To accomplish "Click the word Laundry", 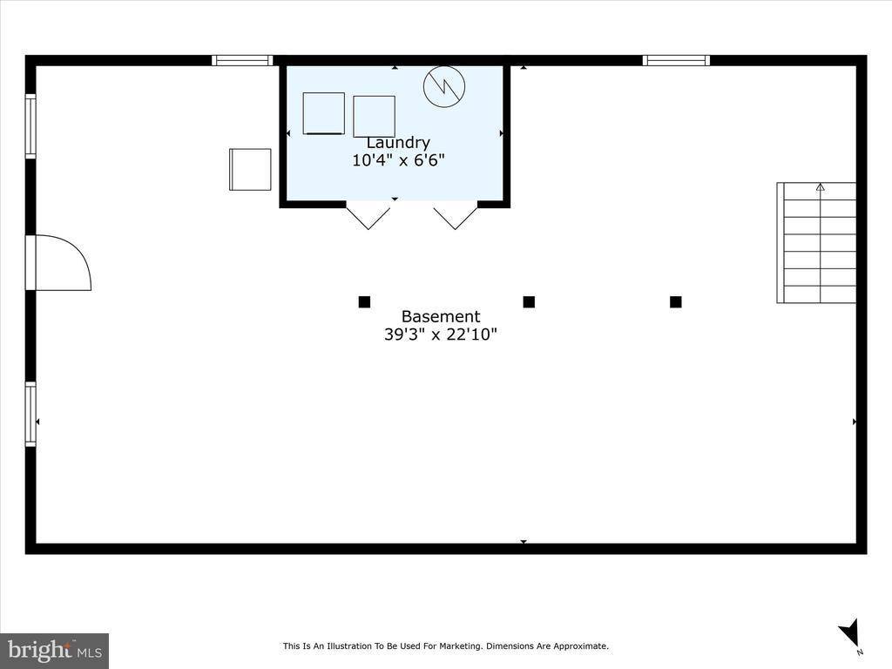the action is click(x=397, y=142).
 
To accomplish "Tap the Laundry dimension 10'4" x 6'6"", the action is click(x=397, y=160).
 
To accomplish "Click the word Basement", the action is click(x=441, y=316).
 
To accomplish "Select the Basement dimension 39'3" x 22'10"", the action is click(x=441, y=334).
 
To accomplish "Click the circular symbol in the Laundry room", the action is click(x=444, y=86).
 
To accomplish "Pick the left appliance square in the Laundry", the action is click(x=324, y=113).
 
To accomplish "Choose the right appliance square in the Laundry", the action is click(x=374, y=117).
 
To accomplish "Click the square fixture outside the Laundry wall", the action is click(x=250, y=170).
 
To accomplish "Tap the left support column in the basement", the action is click(x=364, y=301).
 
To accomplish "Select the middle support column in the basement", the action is click(x=529, y=301).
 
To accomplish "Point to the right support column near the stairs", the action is click(x=676, y=301).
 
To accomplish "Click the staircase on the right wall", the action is click(x=816, y=243).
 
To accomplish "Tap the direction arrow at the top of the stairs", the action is click(x=820, y=187).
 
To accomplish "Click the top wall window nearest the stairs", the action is click(x=676, y=60).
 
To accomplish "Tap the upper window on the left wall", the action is click(x=30, y=125).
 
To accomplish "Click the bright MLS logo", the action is click(x=55, y=651).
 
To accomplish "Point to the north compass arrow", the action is click(x=850, y=632).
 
